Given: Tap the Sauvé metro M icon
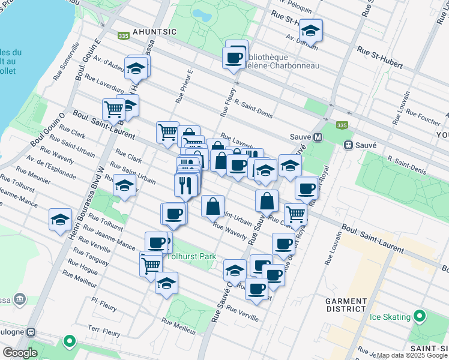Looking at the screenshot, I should [318, 137].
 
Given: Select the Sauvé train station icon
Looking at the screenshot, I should [348, 145].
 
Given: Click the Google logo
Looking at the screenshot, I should [20, 352].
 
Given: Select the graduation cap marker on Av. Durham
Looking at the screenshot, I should [310, 29].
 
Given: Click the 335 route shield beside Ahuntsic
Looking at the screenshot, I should [124, 36].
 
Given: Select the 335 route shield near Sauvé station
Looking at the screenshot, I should [342, 125].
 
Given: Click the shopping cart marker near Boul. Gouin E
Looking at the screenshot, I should [113, 109].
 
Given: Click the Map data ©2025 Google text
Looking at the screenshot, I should [412, 355].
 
